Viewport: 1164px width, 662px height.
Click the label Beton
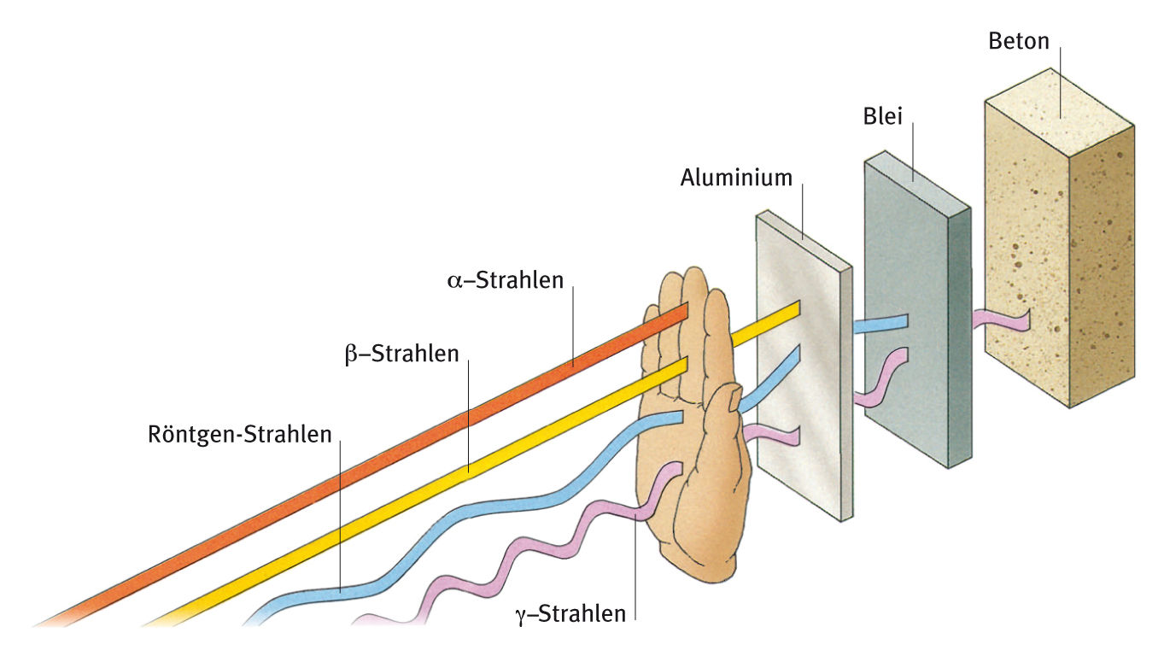(x=1018, y=41)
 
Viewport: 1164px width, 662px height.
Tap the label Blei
(x=883, y=117)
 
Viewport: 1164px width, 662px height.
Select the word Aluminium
(x=736, y=178)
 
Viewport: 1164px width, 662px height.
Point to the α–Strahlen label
(x=506, y=279)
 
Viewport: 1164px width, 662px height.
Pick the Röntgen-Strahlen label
(x=239, y=434)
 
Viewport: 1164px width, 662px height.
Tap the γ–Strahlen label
(x=571, y=612)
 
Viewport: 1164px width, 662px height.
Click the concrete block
(x=1059, y=256)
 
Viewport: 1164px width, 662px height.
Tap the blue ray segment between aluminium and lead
(x=880, y=324)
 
